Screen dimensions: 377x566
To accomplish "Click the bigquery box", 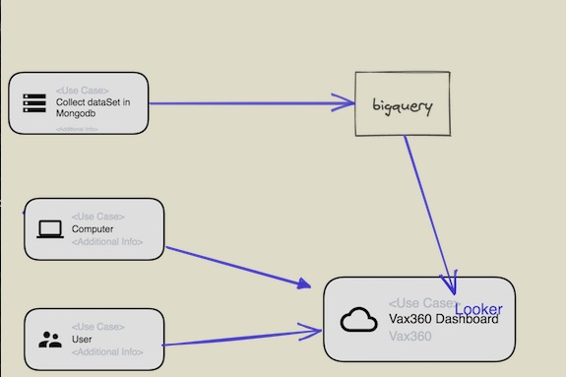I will tap(402, 103).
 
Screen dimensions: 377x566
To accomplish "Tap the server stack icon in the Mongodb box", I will tap(34, 102).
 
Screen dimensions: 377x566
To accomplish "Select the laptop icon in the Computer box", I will tap(49, 229).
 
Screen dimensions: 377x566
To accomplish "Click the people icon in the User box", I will tap(49, 340).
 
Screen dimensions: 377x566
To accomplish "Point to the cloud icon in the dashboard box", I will tap(359, 320).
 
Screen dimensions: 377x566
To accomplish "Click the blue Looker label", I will tap(478, 309).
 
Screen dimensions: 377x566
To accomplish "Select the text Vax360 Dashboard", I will tap(443, 320).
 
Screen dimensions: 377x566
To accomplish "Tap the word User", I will tap(82, 340).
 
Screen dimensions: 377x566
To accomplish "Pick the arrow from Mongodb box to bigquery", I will tap(246, 102).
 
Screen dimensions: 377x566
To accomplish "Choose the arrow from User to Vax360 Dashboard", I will tap(241, 339).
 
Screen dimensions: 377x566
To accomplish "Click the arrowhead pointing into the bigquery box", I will tap(345, 102).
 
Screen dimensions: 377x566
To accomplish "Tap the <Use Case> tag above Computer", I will tap(97, 217).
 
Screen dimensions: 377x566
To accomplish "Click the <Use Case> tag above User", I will tap(97, 327).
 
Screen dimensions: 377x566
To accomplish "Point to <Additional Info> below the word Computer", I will tap(107, 242).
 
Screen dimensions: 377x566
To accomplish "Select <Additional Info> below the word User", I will tap(107, 352).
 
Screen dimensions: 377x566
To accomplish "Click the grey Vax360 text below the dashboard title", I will tap(409, 337).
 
